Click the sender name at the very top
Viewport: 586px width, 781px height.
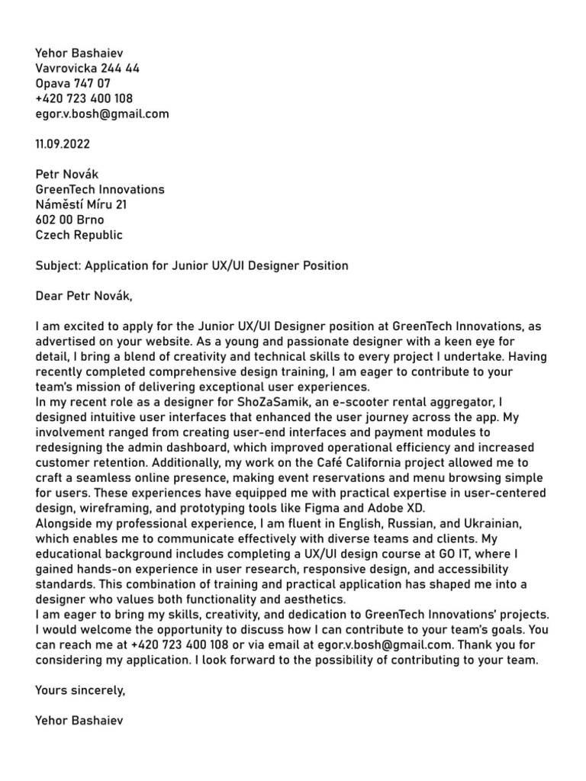[x=79, y=53]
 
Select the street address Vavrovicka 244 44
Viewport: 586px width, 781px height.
[x=87, y=68]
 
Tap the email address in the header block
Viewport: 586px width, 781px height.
[x=102, y=114]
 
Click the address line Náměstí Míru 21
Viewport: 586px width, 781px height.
[x=82, y=204]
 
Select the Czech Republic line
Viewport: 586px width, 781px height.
[x=79, y=235]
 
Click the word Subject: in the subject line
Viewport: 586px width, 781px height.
[x=58, y=265]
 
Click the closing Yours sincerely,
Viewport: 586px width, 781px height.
[x=80, y=690]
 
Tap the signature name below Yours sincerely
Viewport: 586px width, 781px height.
[x=79, y=721]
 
